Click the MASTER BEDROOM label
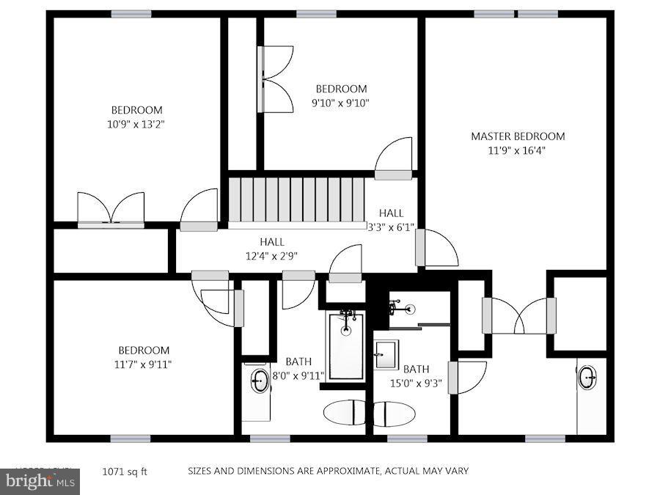(518, 136)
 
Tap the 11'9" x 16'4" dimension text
(518, 150)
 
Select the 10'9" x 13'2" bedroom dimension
(136, 124)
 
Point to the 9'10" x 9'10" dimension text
(340, 103)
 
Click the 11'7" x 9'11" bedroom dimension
(144, 364)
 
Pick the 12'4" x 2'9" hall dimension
(271, 256)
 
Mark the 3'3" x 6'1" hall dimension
(391, 227)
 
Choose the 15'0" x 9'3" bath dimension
(416, 383)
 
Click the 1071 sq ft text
(124, 472)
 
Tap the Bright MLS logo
(40, 482)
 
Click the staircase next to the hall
(296, 199)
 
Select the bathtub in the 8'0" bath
(345, 345)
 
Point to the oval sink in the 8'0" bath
(260, 380)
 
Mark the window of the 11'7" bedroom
(131, 439)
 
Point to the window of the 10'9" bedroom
(131, 14)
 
